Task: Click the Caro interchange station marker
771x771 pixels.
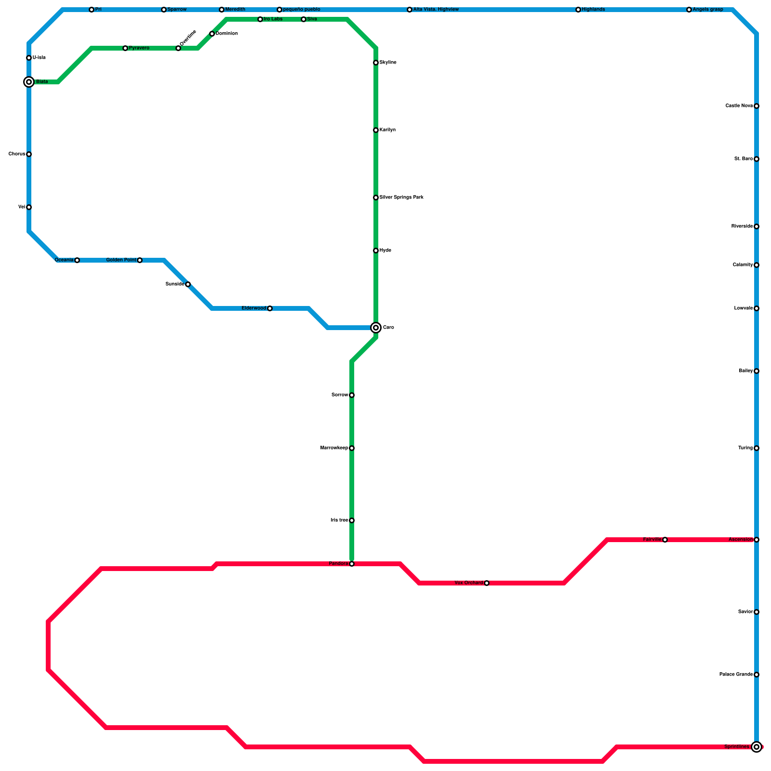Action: pos(376,328)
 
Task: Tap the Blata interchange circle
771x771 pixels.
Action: pos(29,82)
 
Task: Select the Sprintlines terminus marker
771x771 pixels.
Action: pos(757,747)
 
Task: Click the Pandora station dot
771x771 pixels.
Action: pos(352,564)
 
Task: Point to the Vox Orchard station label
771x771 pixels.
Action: pos(468,583)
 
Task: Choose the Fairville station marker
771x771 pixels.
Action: pos(665,540)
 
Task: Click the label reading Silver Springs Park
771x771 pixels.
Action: pos(401,198)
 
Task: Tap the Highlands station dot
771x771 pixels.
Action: pos(578,10)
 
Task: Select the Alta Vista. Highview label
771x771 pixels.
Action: pos(436,10)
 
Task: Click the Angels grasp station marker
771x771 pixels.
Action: pos(689,10)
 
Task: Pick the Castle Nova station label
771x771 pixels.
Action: pos(739,106)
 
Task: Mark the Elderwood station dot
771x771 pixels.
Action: pos(270,308)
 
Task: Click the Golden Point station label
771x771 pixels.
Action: pos(121,260)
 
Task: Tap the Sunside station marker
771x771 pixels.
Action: pos(188,284)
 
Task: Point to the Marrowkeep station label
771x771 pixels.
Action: pos(334,448)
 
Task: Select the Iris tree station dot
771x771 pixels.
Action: pos(352,520)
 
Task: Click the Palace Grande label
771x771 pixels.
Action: pos(736,675)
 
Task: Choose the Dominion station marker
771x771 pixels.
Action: pos(212,34)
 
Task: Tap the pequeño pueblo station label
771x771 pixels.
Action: pos(302,10)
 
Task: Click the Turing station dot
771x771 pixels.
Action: pos(757,448)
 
